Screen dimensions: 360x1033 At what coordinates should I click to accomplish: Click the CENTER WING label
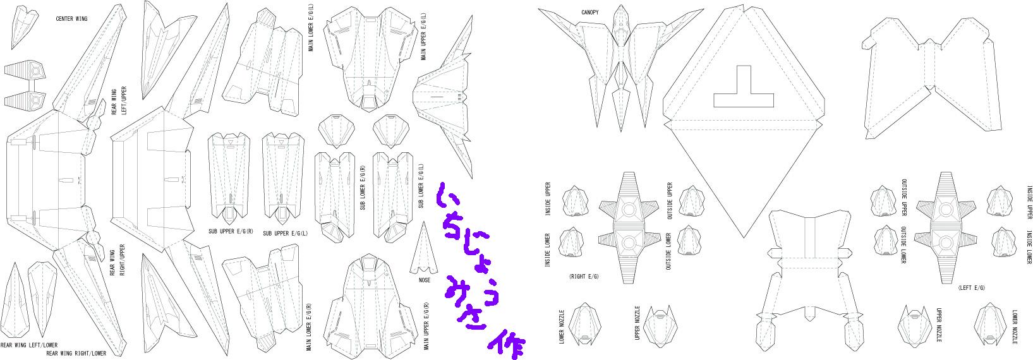(x=71, y=18)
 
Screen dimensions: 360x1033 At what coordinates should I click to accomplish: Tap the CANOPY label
(x=590, y=12)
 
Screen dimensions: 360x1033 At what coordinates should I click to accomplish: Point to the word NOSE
(x=425, y=280)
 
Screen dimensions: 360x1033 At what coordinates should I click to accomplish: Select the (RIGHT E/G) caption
(x=584, y=277)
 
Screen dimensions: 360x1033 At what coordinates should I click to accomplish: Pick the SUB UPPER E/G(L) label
(x=284, y=233)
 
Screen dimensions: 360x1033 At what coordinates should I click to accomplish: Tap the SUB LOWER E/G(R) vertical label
(x=362, y=188)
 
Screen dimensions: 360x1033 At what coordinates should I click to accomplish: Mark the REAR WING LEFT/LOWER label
(x=28, y=345)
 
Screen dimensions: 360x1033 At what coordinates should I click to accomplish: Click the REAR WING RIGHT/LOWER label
(x=76, y=353)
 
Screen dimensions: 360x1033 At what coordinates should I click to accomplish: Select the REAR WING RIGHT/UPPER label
(x=114, y=259)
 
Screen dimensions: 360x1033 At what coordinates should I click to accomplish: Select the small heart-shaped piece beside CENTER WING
(x=23, y=23)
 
